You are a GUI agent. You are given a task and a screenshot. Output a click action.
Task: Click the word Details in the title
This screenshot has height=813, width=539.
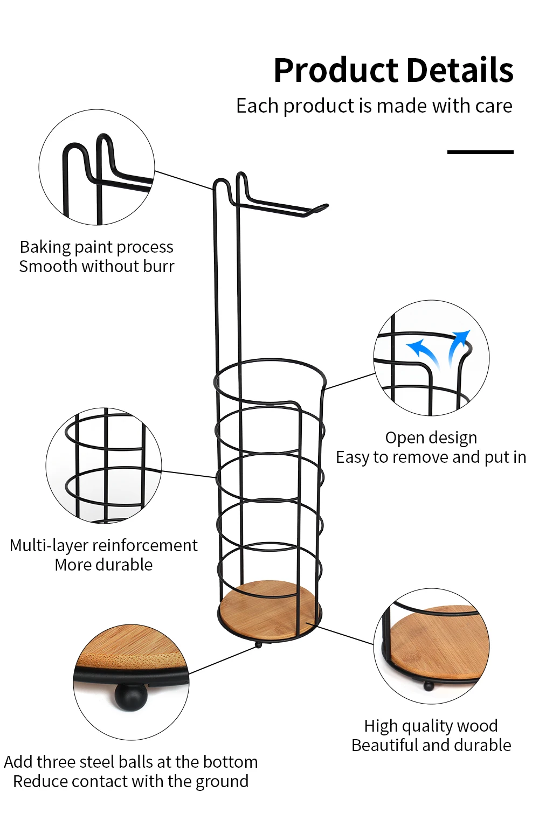[460, 70]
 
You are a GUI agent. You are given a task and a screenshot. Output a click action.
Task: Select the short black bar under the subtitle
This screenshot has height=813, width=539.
[480, 152]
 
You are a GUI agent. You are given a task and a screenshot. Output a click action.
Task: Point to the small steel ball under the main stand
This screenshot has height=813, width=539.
[258, 645]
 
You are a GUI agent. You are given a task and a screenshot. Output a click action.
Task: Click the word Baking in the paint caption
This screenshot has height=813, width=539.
[45, 247]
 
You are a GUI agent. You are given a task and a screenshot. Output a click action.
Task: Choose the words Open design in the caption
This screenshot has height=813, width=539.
[431, 437]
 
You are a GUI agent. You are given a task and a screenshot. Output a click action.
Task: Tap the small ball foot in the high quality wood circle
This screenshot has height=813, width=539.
[429, 686]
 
